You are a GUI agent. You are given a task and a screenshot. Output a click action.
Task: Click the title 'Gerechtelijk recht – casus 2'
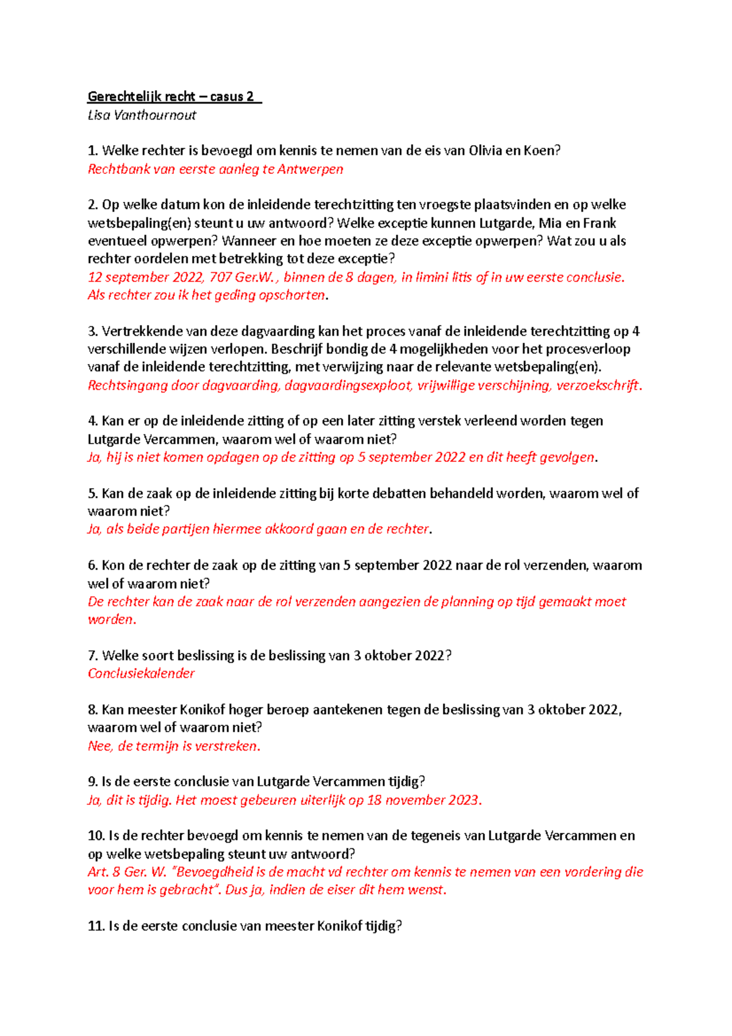173,96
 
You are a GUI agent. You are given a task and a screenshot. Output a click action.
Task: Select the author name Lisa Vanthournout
142,115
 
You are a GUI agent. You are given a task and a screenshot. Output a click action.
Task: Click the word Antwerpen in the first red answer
310,170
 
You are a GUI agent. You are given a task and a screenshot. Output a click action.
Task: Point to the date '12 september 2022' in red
145,278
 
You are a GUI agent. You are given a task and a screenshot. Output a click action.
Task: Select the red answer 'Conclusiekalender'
142,674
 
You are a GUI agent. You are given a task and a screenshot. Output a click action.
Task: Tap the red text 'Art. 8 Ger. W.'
127,872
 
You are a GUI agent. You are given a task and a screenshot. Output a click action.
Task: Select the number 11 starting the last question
96,926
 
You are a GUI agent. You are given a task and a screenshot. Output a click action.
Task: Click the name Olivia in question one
485,151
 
